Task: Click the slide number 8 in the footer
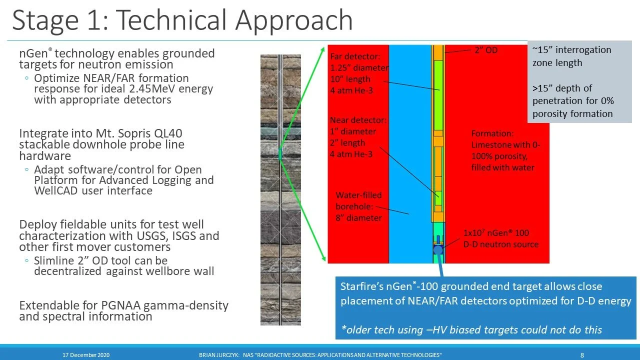(582, 355)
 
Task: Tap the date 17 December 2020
(86, 355)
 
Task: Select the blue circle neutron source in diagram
(438, 249)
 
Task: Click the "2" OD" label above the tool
(485, 50)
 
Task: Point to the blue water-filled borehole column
(410, 150)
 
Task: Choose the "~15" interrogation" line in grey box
(571, 50)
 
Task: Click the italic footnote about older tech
(471, 329)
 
